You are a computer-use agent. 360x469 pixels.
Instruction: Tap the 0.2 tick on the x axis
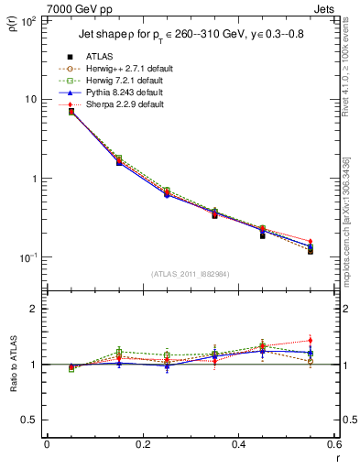[142, 445]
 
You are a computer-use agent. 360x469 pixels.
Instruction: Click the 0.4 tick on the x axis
[238, 445]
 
